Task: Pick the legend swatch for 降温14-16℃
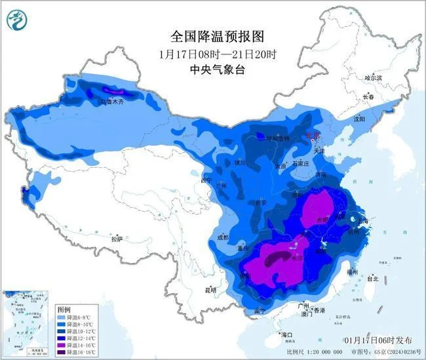(x=62, y=345)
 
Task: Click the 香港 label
(x=319, y=310)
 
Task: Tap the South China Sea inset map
(x=26, y=323)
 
